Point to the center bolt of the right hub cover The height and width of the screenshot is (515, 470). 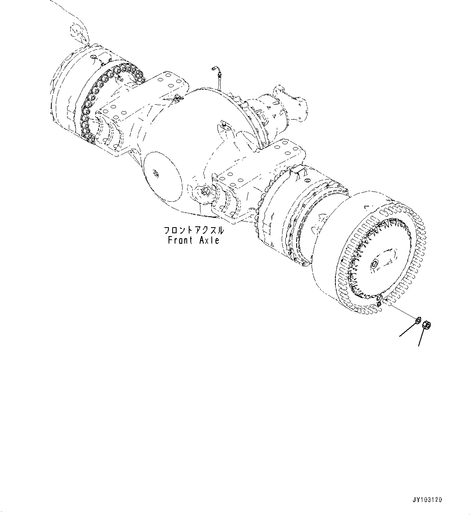[x=374, y=264]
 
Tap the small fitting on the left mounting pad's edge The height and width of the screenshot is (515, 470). [x=177, y=97]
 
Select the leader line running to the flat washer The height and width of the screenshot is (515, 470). [x=407, y=329]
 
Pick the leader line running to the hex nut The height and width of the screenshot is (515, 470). [x=422, y=338]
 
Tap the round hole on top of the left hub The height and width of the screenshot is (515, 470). [x=94, y=57]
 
